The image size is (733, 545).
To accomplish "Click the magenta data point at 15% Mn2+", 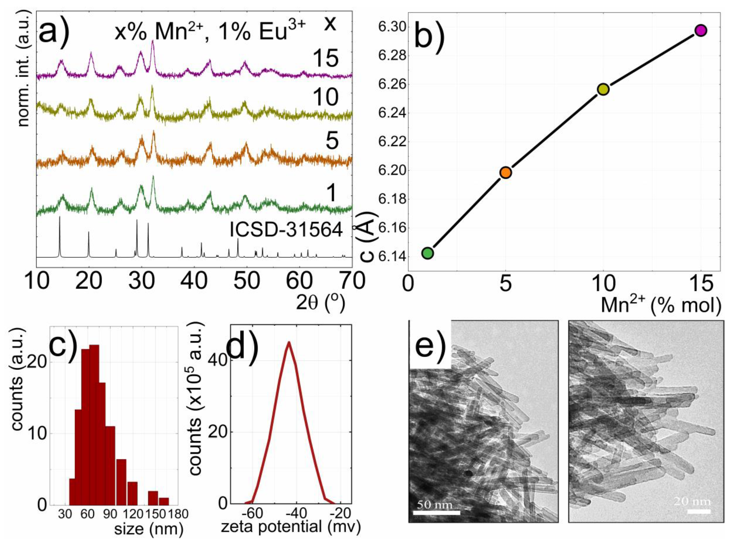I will [x=701, y=30].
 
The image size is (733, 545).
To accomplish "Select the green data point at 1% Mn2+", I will [x=427, y=253].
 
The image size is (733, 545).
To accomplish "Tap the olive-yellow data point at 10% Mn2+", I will [x=603, y=89].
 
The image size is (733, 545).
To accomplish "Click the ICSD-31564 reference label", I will [x=286, y=230].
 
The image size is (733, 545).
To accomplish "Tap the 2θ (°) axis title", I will [x=320, y=303].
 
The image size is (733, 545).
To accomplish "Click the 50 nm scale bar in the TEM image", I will [x=436, y=512].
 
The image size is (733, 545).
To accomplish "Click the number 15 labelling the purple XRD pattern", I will [x=326, y=59].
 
